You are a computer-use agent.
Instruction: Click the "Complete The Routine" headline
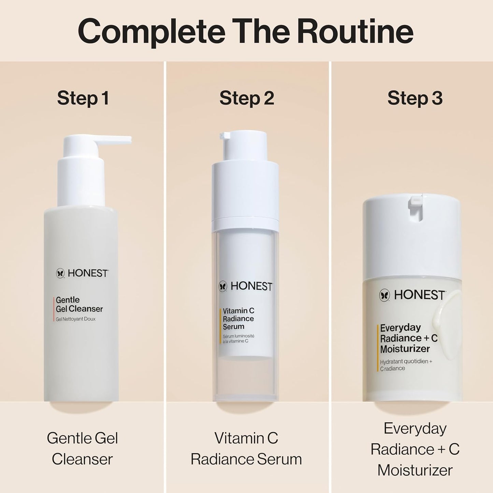pos(246,31)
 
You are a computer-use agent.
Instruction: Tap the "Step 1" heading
pos(83,98)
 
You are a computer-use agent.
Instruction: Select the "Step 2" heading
pos(246,98)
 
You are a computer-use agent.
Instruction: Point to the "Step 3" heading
pos(415,98)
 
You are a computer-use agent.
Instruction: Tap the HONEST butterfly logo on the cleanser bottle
pos(60,273)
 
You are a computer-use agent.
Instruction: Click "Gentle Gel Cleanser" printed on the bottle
pos(79,304)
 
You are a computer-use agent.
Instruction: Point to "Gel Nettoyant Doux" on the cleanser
pos(76,319)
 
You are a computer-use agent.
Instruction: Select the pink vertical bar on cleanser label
pos(54,309)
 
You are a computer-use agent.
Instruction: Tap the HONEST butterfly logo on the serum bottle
pos(223,286)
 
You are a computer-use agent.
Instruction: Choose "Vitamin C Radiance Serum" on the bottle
pos(238,318)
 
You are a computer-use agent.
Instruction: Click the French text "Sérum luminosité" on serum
pos(238,336)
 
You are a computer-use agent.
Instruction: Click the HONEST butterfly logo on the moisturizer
pos(385,295)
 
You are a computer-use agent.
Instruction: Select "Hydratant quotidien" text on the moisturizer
pos(406,362)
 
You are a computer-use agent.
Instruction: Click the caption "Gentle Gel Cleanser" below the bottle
pos(82,448)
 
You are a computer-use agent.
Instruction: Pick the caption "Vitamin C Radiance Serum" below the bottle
pos(246,448)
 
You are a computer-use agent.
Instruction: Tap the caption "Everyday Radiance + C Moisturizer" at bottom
pos(415,449)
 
